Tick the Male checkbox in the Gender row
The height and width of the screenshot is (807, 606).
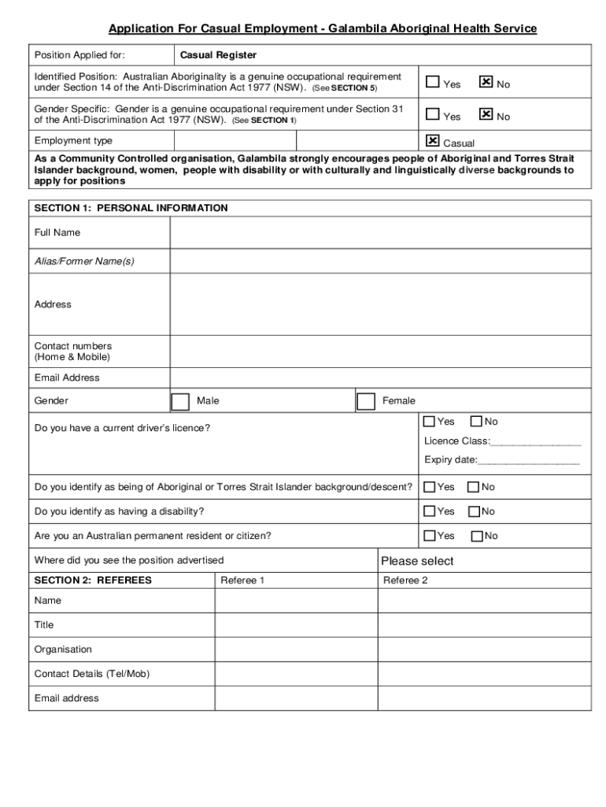(x=180, y=402)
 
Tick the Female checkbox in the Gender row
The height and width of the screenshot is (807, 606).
(x=366, y=402)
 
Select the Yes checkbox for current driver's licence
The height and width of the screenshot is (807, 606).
(x=430, y=422)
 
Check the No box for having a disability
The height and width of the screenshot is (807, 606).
(x=474, y=511)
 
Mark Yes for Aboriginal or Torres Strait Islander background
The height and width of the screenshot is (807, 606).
(x=430, y=487)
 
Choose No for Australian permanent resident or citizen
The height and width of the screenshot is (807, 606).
(x=476, y=536)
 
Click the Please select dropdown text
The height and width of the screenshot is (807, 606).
(x=417, y=561)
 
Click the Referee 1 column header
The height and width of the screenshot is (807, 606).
(x=242, y=581)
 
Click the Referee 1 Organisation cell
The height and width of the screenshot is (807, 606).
(x=296, y=649)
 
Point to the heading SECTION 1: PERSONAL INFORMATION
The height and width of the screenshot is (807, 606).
(x=131, y=208)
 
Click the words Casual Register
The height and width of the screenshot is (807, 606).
(x=218, y=55)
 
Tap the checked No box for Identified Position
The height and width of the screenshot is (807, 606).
(x=486, y=81)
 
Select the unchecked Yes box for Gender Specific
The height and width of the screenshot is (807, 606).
(x=432, y=114)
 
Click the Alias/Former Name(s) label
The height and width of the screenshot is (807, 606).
(x=84, y=261)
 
